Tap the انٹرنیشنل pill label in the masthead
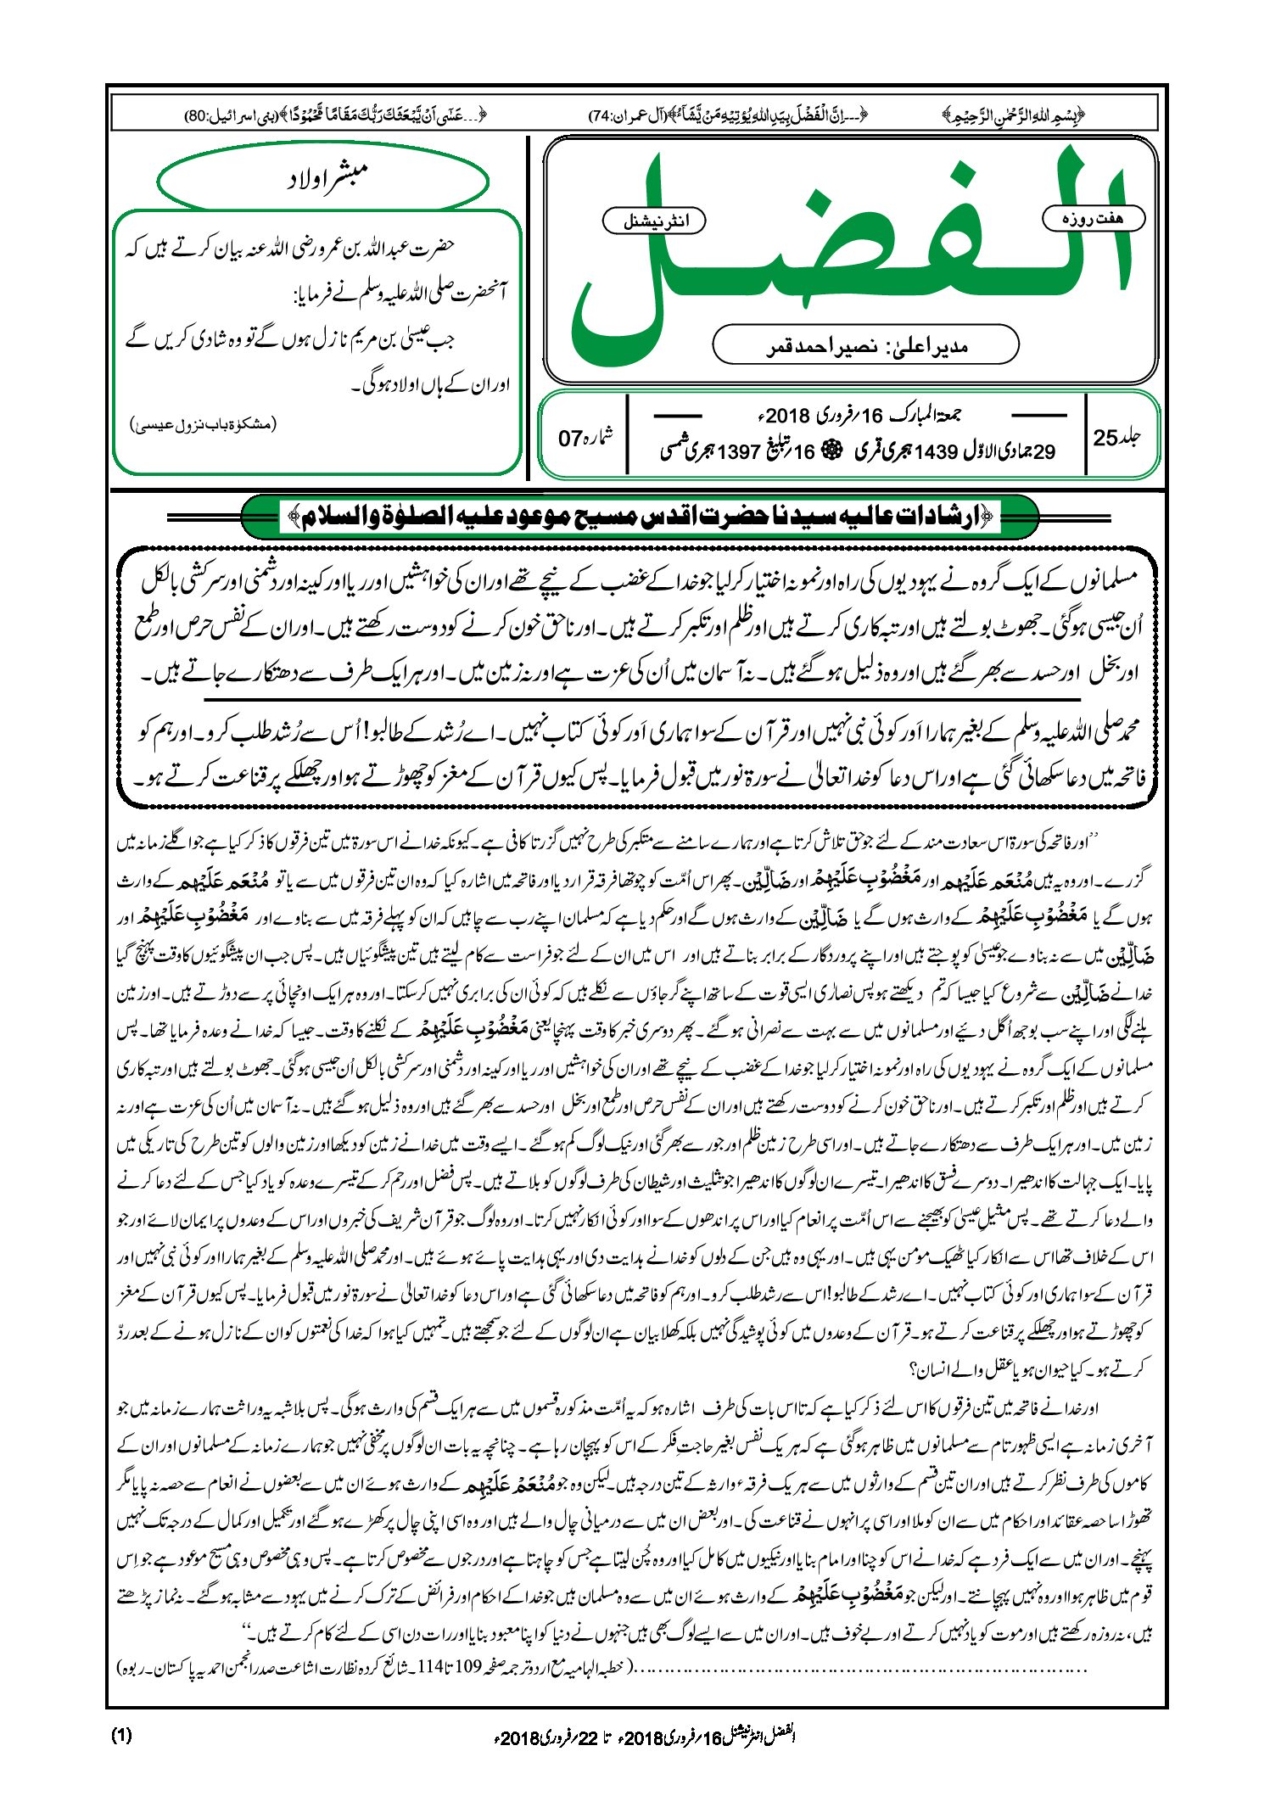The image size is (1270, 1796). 654,221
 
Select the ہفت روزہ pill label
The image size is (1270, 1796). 1093,218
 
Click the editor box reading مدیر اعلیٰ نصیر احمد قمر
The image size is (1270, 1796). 865,346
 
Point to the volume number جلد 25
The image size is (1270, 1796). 1117,438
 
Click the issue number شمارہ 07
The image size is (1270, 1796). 585,438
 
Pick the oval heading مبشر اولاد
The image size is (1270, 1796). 323,178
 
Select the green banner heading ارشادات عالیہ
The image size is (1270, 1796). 641,515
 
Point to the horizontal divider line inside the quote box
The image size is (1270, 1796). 641,699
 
